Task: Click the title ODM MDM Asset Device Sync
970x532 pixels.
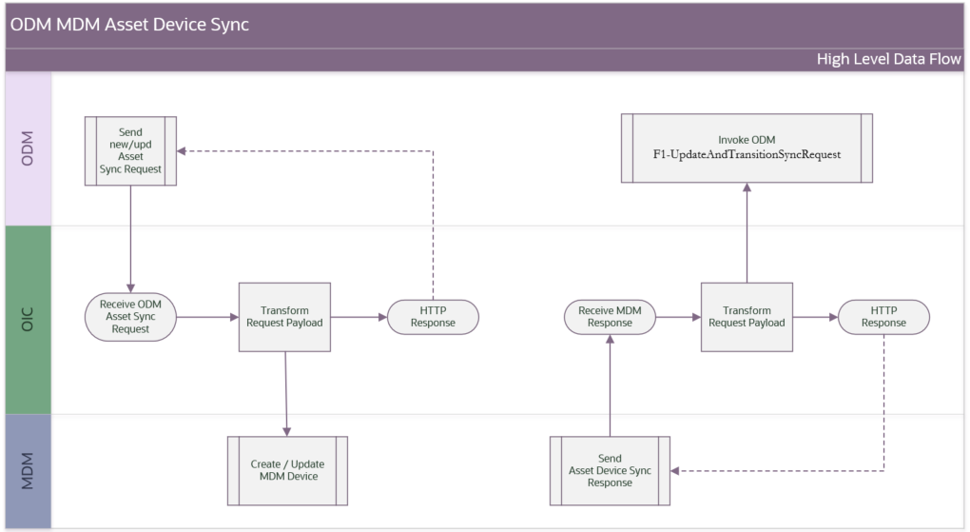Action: tap(130, 25)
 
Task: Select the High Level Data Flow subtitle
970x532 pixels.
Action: tap(888, 60)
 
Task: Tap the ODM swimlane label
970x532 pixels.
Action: tap(28, 148)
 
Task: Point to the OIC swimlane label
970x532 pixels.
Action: tap(28, 320)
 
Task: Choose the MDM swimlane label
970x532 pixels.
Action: tap(28, 471)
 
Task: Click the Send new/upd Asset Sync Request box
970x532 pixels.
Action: tap(130, 149)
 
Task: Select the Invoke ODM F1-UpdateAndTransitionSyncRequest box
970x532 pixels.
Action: tap(747, 148)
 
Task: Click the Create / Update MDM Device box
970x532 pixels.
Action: tap(287, 471)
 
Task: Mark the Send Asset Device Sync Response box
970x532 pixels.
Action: tap(610, 471)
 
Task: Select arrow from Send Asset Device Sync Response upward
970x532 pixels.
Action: tap(610, 390)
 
